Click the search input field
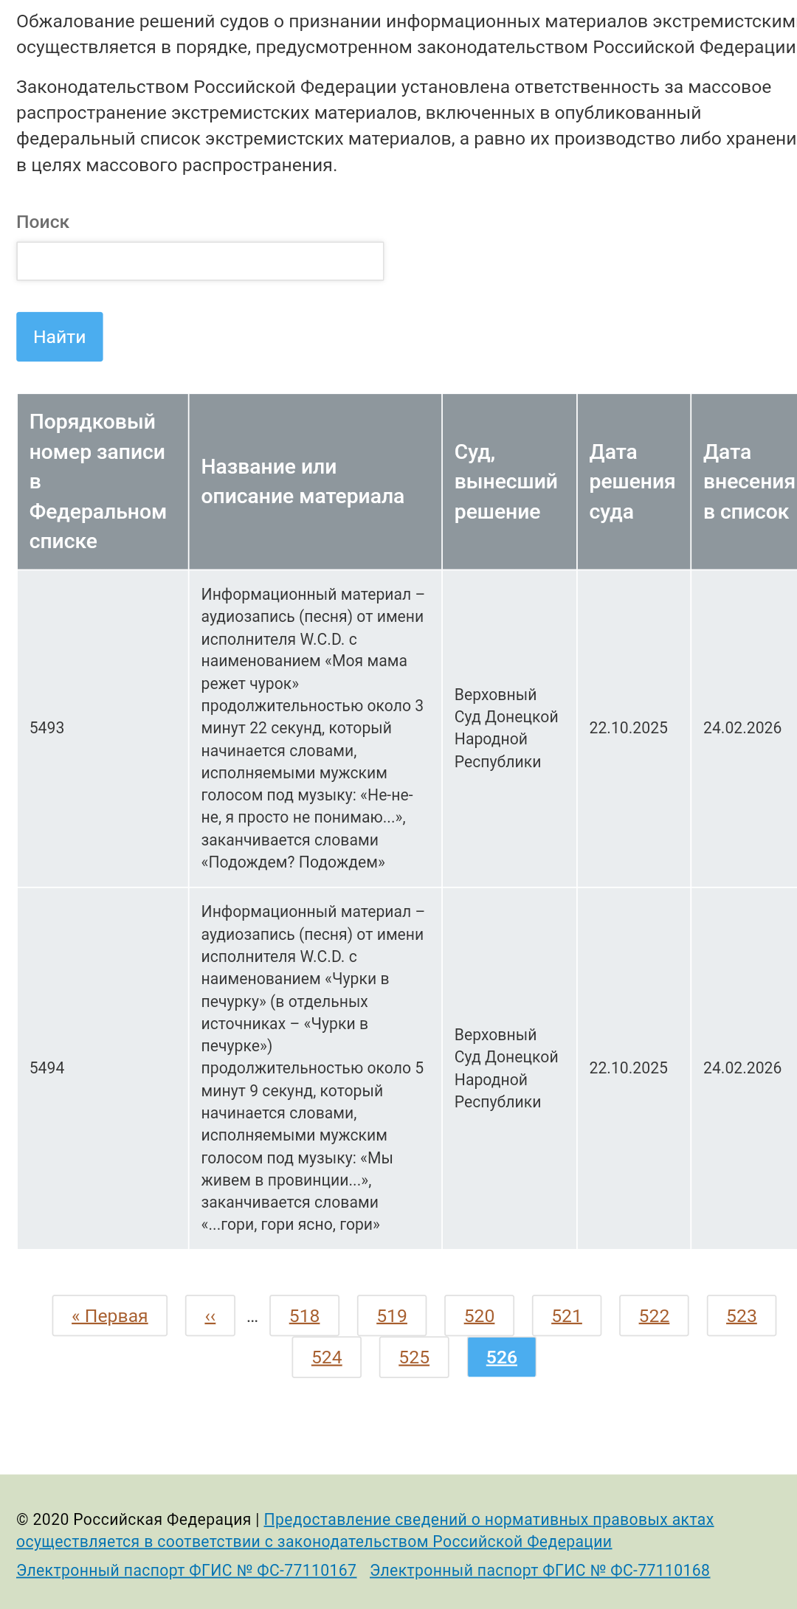pyautogui.click(x=200, y=261)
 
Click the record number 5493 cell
pyautogui.click(x=47, y=728)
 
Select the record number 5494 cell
pyautogui.click(x=47, y=1068)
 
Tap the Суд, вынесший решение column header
pyautogui.click(x=506, y=482)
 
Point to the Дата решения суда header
pyautogui.click(x=632, y=482)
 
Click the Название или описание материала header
pyautogui.click(x=303, y=482)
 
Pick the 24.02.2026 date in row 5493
pyautogui.click(x=742, y=728)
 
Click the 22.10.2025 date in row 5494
pyautogui.click(x=628, y=1068)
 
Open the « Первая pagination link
pyautogui.click(x=110, y=1316)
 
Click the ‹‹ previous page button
pyautogui.click(x=210, y=1316)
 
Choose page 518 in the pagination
pyautogui.click(x=304, y=1316)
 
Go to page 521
pyautogui.click(x=567, y=1316)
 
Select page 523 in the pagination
pyautogui.click(x=741, y=1316)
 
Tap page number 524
pyautogui.click(x=327, y=1357)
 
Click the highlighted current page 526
pyautogui.click(x=502, y=1357)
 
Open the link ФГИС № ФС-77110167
pyautogui.click(x=187, y=1571)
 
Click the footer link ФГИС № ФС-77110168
pyautogui.click(x=539, y=1571)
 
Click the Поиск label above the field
pyautogui.click(x=43, y=222)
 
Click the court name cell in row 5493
pyautogui.click(x=506, y=728)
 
